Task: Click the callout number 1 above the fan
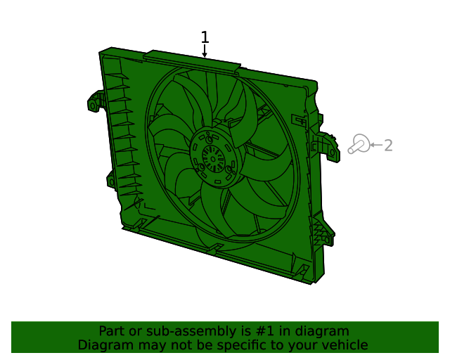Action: click(205, 37)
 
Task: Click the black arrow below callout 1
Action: click(205, 51)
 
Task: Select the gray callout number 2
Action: click(387, 146)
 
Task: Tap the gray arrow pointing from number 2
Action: click(375, 146)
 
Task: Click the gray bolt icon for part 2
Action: click(358, 145)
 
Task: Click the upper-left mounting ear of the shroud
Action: click(94, 103)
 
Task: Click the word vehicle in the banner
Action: click(344, 345)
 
